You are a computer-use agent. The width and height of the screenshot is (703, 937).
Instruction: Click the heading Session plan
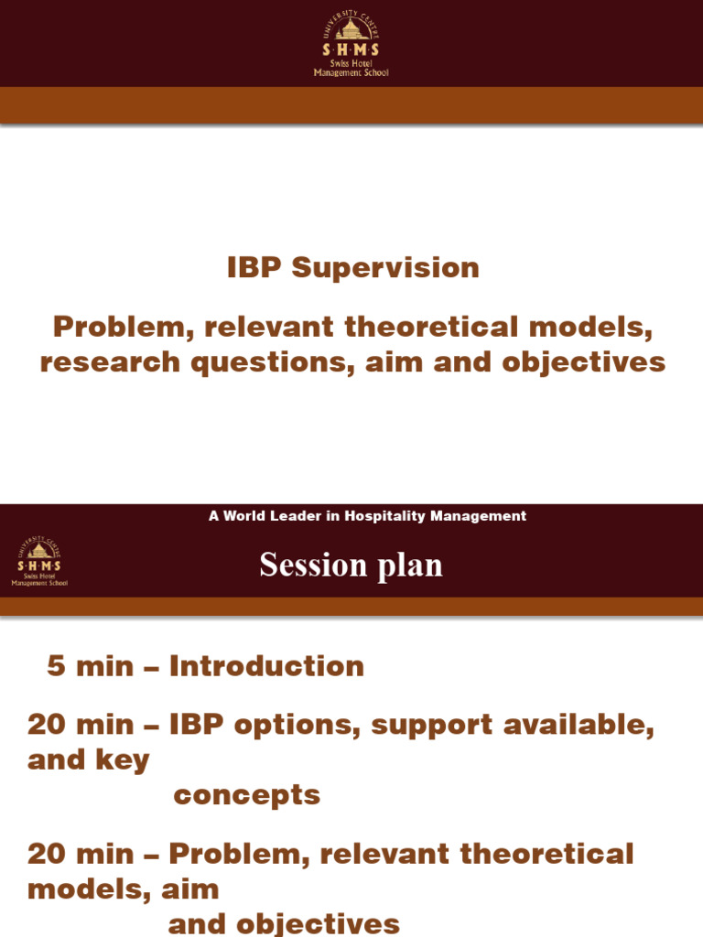[351, 565]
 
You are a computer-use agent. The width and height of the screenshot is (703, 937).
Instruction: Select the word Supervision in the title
[385, 268]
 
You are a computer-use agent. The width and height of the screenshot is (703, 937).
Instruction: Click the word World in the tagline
[243, 516]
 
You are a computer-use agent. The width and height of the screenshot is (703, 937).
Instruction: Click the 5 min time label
[89, 666]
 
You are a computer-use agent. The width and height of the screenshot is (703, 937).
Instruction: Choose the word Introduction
[266, 666]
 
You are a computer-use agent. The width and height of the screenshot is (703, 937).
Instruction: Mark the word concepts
[246, 795]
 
